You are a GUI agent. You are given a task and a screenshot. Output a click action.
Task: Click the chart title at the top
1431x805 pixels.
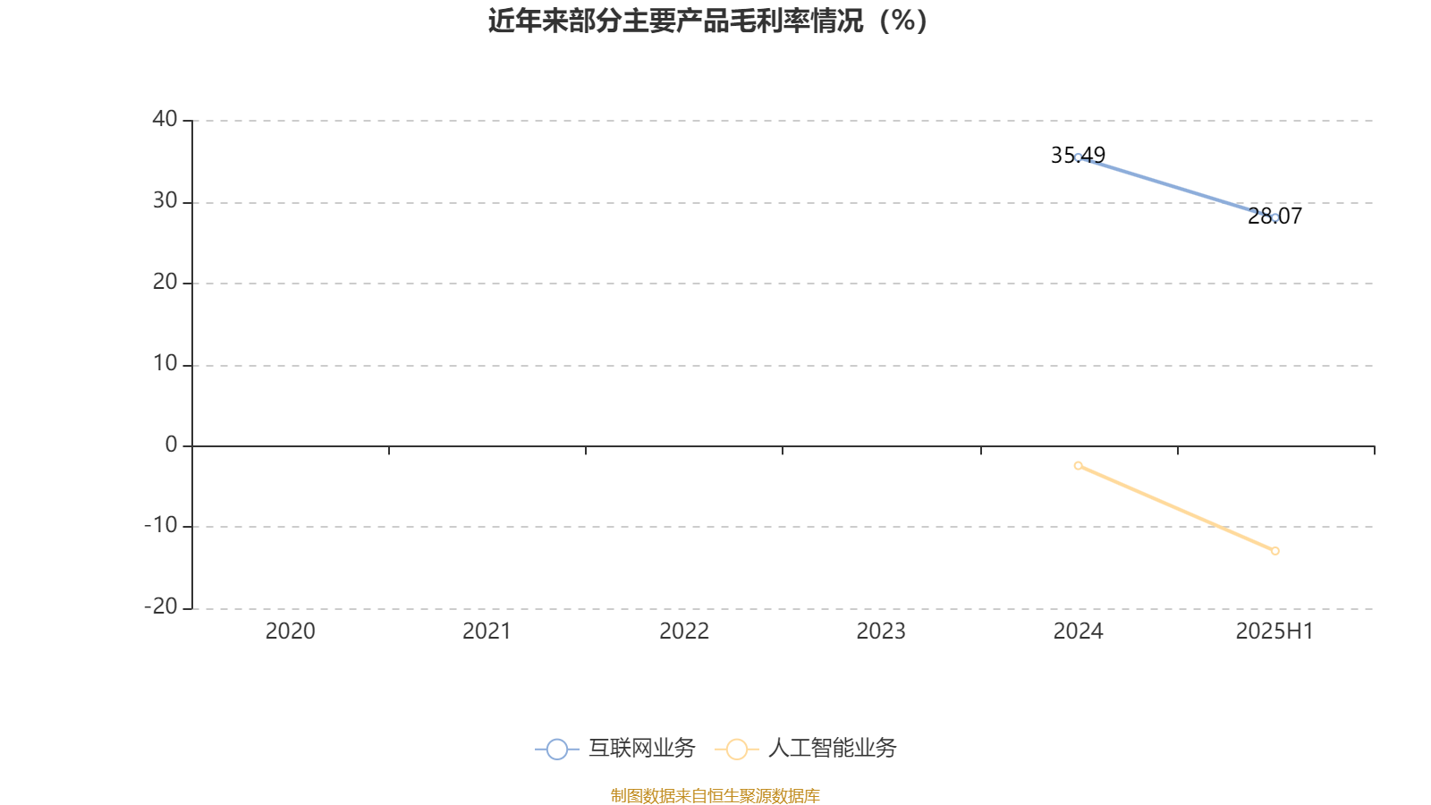707,21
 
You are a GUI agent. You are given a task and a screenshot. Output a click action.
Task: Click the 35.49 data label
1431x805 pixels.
1078,156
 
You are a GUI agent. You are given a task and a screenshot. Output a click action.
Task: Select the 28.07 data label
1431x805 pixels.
1274,216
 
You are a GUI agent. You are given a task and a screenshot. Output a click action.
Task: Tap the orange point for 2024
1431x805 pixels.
1079,466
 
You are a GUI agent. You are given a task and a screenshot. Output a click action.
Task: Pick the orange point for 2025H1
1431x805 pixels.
1275,551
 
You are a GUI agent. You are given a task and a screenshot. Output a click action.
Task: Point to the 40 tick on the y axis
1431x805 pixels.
165,119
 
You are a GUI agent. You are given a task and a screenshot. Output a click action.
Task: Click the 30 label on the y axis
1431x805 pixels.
165,200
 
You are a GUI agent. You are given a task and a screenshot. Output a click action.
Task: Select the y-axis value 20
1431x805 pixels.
165,282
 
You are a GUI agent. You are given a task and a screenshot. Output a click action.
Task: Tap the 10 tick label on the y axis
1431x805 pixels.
165,363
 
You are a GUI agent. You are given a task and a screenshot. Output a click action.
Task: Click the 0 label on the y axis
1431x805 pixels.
171,444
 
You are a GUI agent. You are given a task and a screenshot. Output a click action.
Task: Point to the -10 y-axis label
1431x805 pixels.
161,525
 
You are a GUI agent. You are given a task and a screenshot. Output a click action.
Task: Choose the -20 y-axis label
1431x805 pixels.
161,606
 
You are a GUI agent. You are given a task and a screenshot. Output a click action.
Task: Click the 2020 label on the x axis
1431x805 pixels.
290,631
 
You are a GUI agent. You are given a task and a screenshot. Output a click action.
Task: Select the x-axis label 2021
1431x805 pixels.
487,631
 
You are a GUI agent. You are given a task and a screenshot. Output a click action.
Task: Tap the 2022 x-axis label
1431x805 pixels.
684,631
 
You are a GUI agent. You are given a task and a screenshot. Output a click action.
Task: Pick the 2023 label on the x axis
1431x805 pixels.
881,631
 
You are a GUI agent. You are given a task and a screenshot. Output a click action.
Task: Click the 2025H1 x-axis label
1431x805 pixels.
1274,631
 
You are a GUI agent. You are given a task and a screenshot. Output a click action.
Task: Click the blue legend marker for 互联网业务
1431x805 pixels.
557,749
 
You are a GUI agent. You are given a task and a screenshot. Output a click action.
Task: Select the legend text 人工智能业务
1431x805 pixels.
833,748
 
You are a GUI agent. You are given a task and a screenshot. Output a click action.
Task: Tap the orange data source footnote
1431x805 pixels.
715,796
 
